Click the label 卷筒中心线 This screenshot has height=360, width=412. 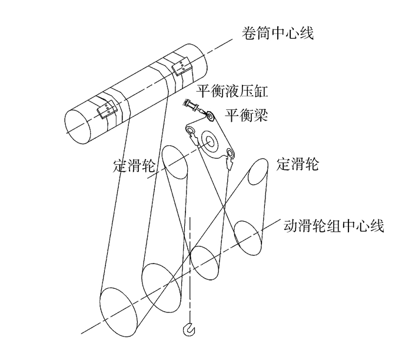(275, 31)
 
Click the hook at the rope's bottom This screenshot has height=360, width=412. (190, 332)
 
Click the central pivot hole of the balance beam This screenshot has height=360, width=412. (209, 140)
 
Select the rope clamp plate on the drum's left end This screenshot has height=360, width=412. (107, 109)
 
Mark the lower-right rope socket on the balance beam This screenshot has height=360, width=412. (230, 155)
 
